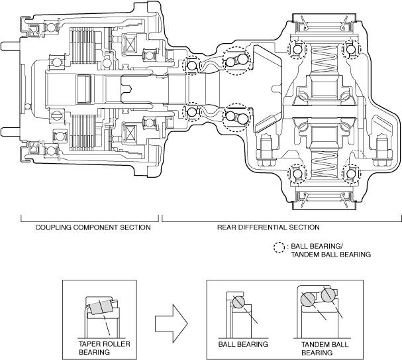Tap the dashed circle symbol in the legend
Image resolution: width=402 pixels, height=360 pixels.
tap(277, 247)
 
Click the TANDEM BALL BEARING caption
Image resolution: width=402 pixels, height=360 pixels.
tap(319, 348)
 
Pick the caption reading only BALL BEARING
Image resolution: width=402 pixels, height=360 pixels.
tap(243, 345)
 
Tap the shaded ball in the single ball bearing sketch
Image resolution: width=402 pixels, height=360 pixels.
tap(238, 302)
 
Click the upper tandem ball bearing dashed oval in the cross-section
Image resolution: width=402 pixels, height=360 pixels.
tap(236, 63)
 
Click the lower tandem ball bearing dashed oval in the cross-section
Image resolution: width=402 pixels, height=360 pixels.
tap(236, 118)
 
